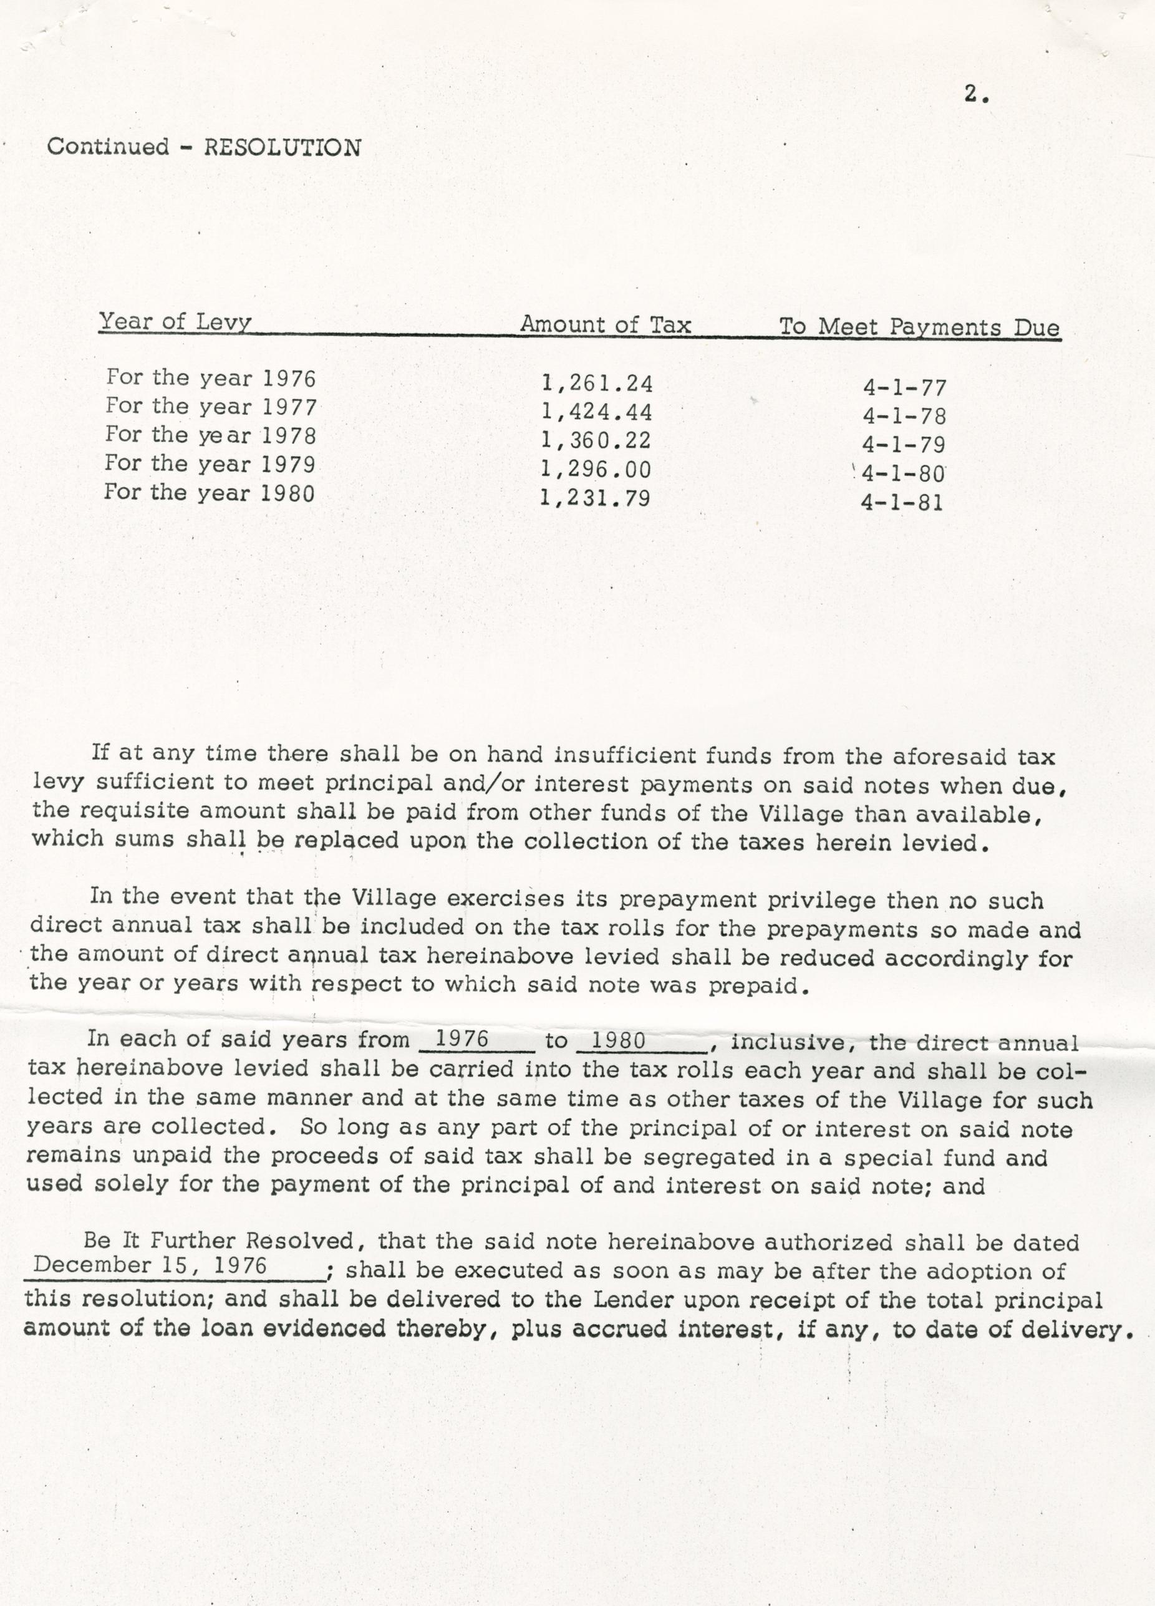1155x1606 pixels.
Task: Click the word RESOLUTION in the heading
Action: (x=283, y=147)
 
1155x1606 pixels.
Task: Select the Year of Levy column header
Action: (x=175, y=322)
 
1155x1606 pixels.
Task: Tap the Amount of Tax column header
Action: (x=606, y=325)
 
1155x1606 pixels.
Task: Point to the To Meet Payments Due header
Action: (x=919, y=327)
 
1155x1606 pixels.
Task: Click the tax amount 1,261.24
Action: (x=596, y=384)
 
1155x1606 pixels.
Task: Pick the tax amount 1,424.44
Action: (x=596, y=412)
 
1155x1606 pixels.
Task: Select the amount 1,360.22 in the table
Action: (x=596, y=441)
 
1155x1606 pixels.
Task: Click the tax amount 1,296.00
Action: (x=596, y=470)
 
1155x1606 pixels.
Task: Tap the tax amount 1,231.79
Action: (x=595, y=498)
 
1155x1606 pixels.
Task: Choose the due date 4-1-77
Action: (x=904, y=388)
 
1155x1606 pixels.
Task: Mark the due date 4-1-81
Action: (x=902, y=503)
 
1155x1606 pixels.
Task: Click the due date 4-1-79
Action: (x=904, y=445)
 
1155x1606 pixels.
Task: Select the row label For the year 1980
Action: (x=210, y=492)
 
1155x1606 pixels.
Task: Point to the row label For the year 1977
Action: (x=211, y=407)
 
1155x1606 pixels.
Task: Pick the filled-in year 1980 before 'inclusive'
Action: (x=618, y=1041)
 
